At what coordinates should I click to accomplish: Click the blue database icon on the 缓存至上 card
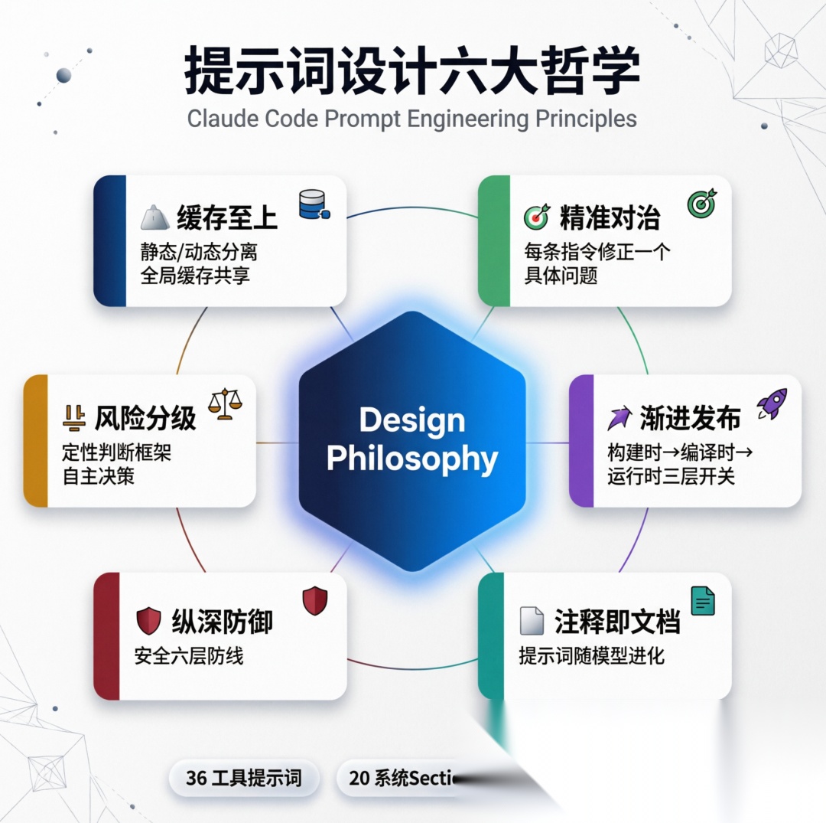pos(314,204)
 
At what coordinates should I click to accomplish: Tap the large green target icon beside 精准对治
pos(701,203)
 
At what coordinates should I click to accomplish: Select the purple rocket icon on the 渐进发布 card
pos(772,403)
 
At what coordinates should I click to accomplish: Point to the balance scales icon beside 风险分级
pos(225,403)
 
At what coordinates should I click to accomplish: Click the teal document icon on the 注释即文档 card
pos(702,601)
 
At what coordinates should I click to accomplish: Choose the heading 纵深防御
pos(222,621)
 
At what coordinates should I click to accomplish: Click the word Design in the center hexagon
pos(412,420)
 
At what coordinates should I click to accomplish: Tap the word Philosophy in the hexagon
pos(412,459)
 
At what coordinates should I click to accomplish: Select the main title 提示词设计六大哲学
pos(412,73)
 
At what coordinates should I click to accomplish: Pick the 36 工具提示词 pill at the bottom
pos(243,779)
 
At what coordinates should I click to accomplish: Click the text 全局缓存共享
pos(195,276)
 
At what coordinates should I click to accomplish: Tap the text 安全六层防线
pos(189,656)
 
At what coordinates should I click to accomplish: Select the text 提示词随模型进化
pos(592,656)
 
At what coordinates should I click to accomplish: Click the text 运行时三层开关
pos(672,476)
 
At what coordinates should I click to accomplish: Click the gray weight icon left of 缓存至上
pos(155,219)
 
